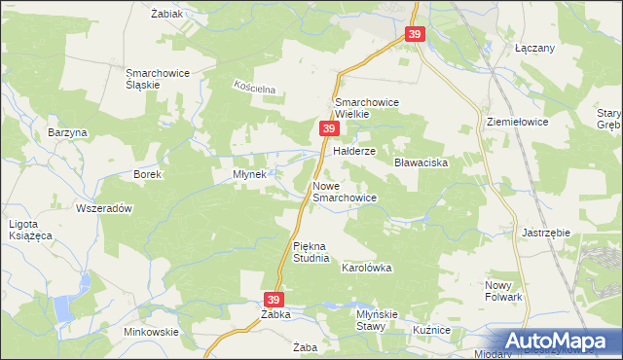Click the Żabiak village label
(x=167, y=15)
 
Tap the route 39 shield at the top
(x=416, y=35)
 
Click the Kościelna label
(x=254, y=89)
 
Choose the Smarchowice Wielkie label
(x=367, y=108)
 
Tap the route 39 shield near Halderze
(x=329, y=128)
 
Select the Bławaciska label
(x=421, y=162)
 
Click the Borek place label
(x=147, y=174)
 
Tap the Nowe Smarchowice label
(x=344, y=191)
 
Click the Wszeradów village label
(x=103, y=208)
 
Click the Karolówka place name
(x=365, y=267)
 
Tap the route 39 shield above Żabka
(x=275, y=300)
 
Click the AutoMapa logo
(x=559, y=342)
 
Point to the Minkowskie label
(x=151, y=332)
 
